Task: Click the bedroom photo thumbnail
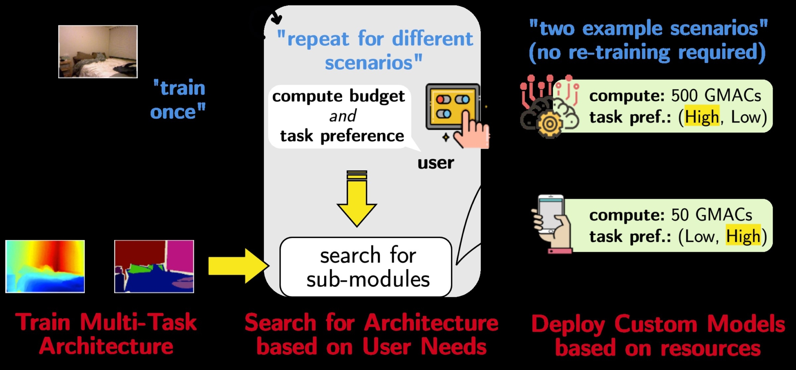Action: pos(98,52)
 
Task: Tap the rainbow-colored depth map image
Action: pos(45,267)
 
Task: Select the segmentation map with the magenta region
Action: pos(154,267)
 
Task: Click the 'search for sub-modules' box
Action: pos(366,267)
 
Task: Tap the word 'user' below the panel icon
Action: pos(435,163)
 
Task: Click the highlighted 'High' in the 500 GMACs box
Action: pos(702,117)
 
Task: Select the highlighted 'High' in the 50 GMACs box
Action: pos(743,236)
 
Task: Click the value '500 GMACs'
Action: pos(716,96)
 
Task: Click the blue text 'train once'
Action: pos(178,100)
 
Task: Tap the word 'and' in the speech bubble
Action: pos(342,116)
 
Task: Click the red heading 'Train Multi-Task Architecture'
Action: pos(106,334)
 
